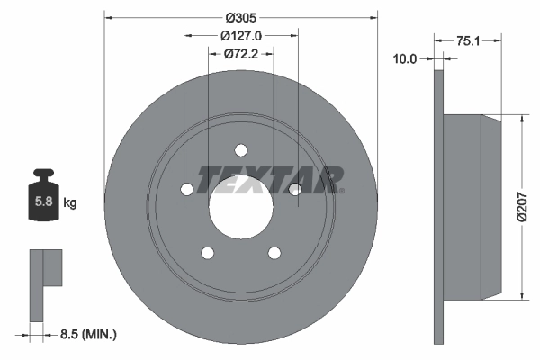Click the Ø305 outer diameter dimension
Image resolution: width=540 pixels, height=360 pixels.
241,17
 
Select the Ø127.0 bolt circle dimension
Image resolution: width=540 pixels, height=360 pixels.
240,36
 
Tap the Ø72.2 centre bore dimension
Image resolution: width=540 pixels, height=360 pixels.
240,54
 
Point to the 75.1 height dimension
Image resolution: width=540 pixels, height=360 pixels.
466,40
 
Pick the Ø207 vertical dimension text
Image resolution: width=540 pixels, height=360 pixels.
523,208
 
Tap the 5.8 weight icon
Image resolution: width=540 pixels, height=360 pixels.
42,200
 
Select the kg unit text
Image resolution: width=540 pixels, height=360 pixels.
70,203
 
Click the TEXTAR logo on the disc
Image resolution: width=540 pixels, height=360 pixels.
267,179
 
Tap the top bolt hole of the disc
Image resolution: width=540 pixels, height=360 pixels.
241,150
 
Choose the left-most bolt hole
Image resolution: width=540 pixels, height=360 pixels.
186,189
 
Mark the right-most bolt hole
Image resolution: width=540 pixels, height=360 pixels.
294,187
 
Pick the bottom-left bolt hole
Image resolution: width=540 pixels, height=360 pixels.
208,252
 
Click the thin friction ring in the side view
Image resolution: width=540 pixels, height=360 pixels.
439,208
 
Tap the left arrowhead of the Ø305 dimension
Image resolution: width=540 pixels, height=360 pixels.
109,17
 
